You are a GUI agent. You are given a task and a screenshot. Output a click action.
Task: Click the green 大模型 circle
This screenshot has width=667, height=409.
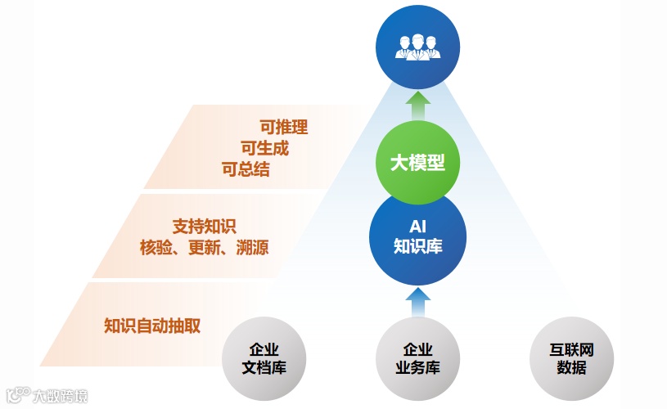[417, 162]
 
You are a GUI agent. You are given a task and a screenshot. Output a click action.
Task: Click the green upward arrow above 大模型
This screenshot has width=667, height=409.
[418, 105]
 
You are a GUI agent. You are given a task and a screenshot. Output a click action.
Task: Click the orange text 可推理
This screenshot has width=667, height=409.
[283, 127]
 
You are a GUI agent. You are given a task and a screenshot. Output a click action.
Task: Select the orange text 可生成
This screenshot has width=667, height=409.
[264, 149]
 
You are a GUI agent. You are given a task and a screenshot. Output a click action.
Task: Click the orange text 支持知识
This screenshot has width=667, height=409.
[205, 227]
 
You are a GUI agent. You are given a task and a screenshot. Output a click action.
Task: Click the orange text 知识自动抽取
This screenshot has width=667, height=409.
[153, 326]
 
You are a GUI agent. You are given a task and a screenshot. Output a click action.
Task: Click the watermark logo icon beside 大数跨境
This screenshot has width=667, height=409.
[18, 396]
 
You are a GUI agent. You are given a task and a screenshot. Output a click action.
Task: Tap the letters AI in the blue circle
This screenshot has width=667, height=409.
[418, 225]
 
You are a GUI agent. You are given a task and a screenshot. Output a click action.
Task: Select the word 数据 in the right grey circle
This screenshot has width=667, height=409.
[571, 368]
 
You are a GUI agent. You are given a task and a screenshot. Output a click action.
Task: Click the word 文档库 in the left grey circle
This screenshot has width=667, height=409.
[264, 368]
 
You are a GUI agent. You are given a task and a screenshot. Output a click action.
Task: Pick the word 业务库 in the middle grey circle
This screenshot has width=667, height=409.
[417, 368]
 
